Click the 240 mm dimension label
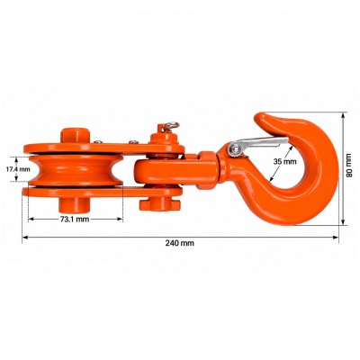180,243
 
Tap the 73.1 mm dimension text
75,220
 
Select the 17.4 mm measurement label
18,169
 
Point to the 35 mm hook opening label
284,162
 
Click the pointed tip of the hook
257,115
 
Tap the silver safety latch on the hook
258,144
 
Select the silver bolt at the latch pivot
234,149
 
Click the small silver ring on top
172,125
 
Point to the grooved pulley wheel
76,170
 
